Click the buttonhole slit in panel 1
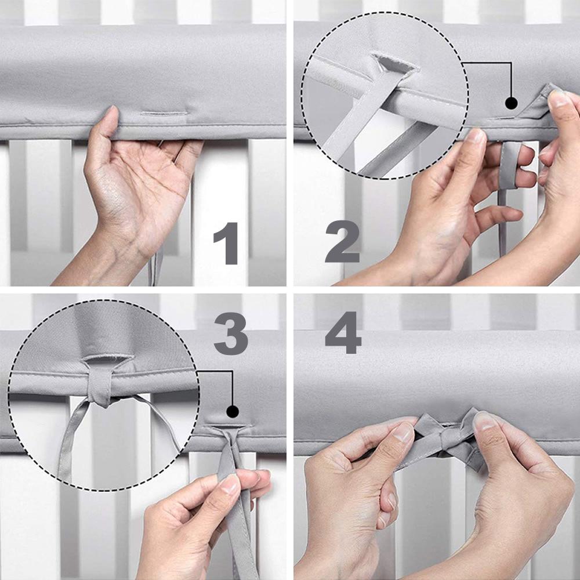pos(164,113)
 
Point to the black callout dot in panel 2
pos(511,103)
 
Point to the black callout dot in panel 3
pos(233,412)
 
